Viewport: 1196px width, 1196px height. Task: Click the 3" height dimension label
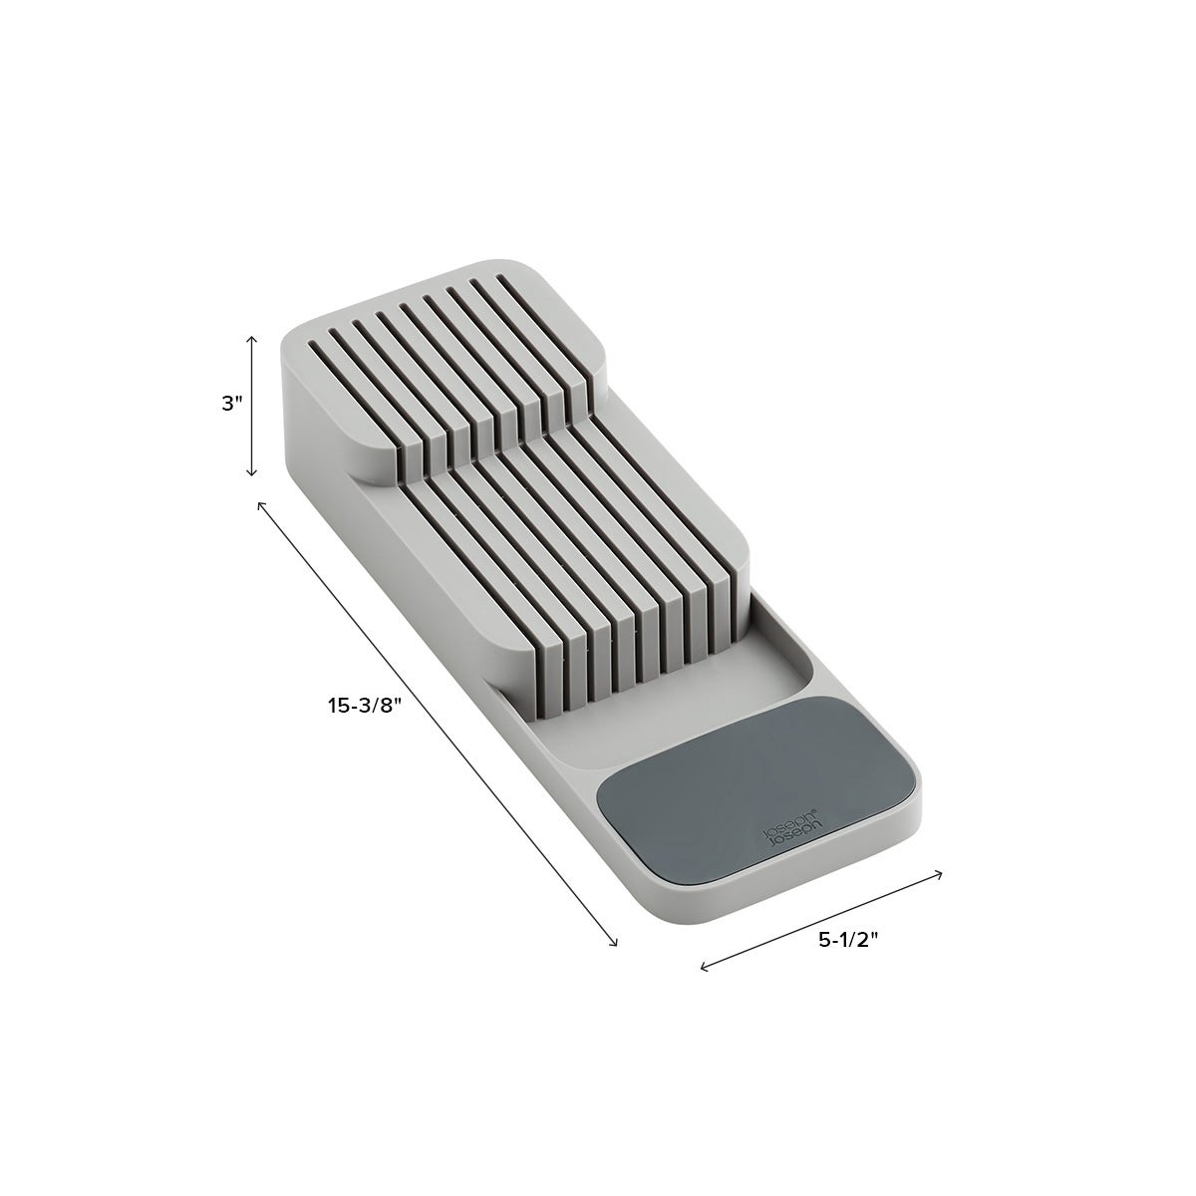pyautogui.click(x=231, y=404)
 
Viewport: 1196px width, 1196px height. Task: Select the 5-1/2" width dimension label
pyautogui.click(x=848, y=958)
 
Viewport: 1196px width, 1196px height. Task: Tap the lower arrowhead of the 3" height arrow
pyautogui.click(x=251, y=473)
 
